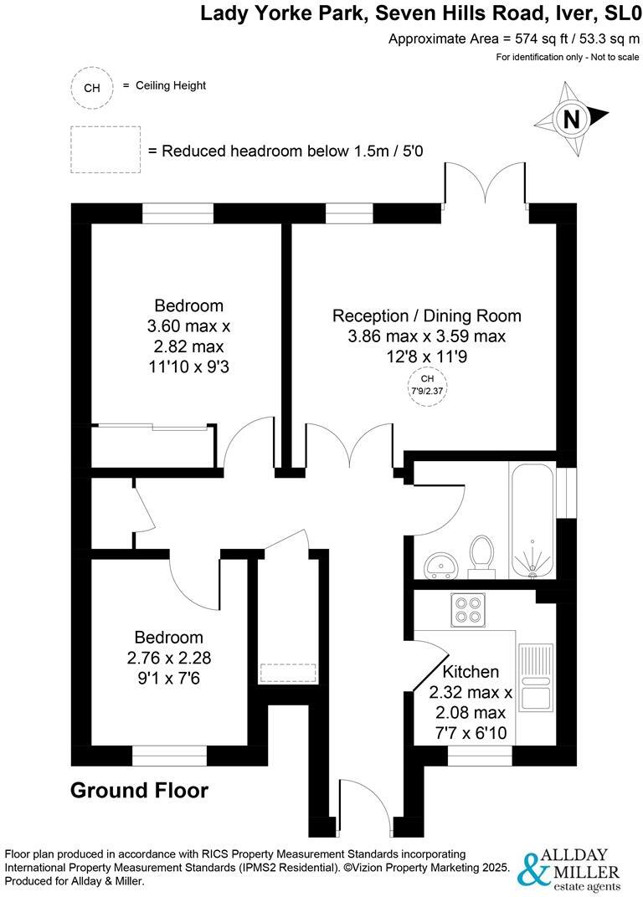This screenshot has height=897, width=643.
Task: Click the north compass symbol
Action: click(573, 119)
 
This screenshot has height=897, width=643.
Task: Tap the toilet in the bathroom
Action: click(481, 556)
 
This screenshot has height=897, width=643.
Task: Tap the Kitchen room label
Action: click(471, 672)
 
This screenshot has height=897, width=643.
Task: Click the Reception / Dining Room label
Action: click(427, 316)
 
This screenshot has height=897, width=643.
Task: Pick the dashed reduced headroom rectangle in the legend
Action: click(105, 150)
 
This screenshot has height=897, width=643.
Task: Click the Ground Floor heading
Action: click(139, 790)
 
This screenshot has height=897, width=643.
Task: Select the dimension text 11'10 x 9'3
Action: click(188, 366)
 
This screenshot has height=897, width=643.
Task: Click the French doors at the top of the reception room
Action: click(485, 186)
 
